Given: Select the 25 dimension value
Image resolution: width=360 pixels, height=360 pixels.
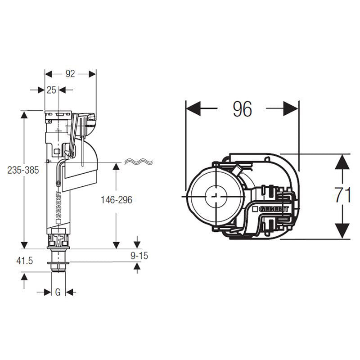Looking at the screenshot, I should coord(51,90).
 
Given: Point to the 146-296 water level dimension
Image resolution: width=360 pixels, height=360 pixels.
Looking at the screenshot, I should coord(116,200).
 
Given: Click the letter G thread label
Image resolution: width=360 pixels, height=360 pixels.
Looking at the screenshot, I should coord(57,292).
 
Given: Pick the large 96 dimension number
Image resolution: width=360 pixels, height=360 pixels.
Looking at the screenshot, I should coord(242,109).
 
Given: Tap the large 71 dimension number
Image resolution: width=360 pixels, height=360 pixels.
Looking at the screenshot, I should coord(343,196).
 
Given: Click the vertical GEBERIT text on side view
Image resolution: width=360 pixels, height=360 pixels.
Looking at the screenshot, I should coord(58,205).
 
